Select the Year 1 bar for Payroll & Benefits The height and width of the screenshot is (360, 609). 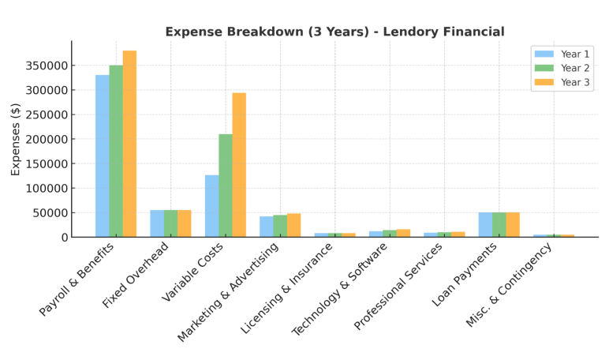pyautogui.click(x=103, y=156)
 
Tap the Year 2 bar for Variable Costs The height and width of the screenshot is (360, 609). pyautogui.click(x=226, y=186)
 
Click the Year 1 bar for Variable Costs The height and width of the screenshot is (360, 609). pyautogui.click(x=212, y=206)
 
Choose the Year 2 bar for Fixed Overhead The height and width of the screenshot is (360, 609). pyautogui.click(x=171, y=223)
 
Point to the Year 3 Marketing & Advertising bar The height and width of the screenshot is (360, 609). pyautogui.click(x=293, y=225)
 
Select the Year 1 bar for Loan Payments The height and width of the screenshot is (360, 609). pyautogui.click(x=485, y=224)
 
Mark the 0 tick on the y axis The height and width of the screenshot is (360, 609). pyautogui.click(x=65, y=237)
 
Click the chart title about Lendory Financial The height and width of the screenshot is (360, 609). pyautogui.click(x=334, y=32)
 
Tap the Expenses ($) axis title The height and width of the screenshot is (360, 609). pyautogui.click(x=16, y=139)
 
